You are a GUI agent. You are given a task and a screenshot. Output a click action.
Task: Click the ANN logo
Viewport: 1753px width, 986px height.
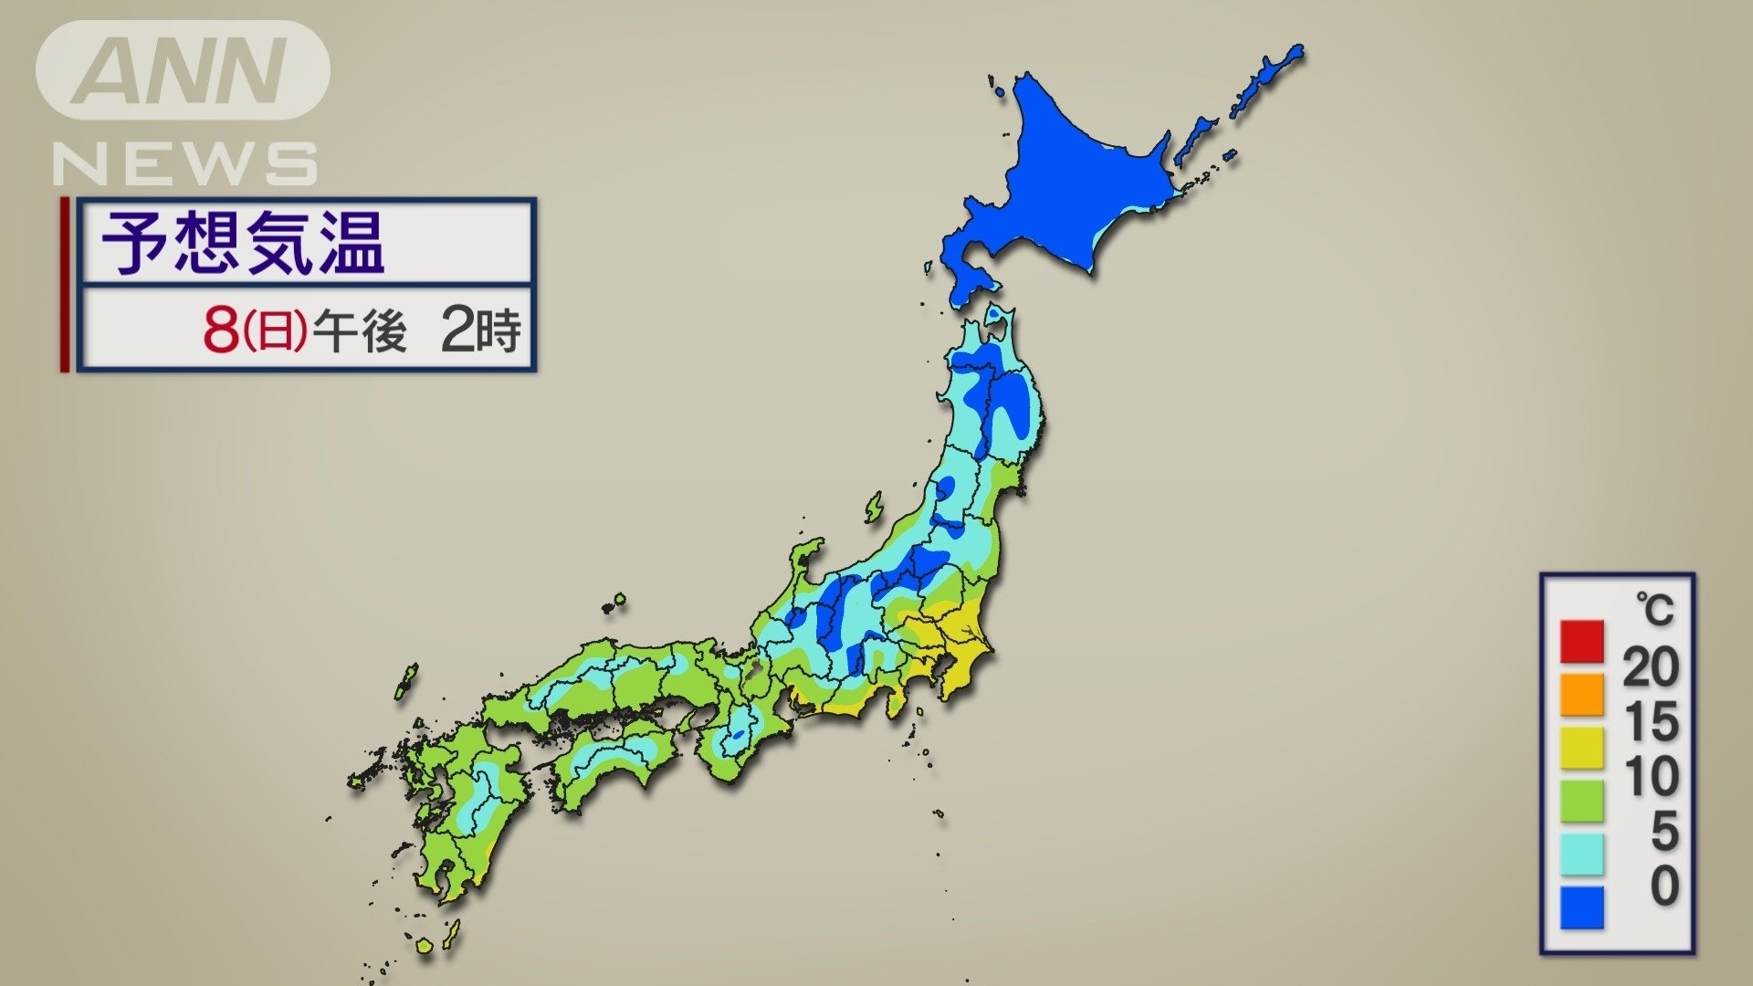(183, 70)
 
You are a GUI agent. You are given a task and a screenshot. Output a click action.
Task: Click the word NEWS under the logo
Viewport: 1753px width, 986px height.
(185, 164)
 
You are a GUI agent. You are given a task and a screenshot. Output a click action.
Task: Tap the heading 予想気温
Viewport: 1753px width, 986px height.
(243, 243)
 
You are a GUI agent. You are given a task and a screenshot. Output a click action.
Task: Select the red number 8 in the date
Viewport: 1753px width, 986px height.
(221, 330)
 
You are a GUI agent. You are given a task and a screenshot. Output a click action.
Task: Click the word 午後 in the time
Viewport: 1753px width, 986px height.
(359, 330)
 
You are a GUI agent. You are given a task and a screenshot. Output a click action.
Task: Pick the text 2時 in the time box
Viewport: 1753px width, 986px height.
(480, 330)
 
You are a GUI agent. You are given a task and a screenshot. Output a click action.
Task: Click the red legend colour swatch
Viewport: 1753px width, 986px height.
(1581, 641)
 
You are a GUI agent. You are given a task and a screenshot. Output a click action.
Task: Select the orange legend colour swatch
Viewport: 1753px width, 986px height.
(1581, 694)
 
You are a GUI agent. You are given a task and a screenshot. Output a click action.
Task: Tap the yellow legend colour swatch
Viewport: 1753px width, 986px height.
(1581, 748)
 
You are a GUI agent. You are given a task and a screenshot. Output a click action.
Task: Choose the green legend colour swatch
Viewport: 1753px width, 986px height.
(1581, 801)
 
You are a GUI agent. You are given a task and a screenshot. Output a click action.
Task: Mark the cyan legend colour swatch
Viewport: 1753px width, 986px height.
(1581, 854)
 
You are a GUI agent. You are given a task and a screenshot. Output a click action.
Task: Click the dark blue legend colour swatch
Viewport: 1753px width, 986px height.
(1581, 907)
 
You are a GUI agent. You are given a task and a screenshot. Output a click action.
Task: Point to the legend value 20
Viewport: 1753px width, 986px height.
(1651, 667)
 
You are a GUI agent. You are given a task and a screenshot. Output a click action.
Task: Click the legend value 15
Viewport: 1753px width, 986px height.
(1651, 721)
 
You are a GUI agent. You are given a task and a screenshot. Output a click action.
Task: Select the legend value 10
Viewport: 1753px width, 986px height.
(1651, 776)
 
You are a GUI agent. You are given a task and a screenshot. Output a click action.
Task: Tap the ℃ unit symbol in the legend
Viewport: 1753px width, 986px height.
(1654, 609)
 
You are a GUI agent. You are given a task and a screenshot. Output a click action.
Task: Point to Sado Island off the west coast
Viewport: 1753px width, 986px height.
(875, 507)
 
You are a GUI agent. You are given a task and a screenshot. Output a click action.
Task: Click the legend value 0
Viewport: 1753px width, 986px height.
(1664, 886)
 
